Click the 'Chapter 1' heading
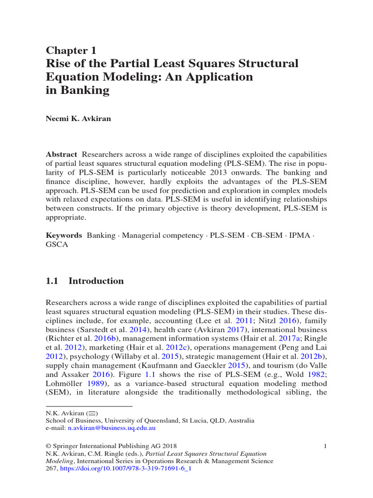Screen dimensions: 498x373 (x=71, y=51)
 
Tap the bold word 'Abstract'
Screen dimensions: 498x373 (x=61, y=154)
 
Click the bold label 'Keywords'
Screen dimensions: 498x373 (x=64, y=235)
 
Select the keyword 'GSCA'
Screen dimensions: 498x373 (x=57, y=245)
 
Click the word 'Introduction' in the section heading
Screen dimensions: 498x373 (x=96, y=281)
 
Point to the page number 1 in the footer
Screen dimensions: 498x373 (x=325, y=446)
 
